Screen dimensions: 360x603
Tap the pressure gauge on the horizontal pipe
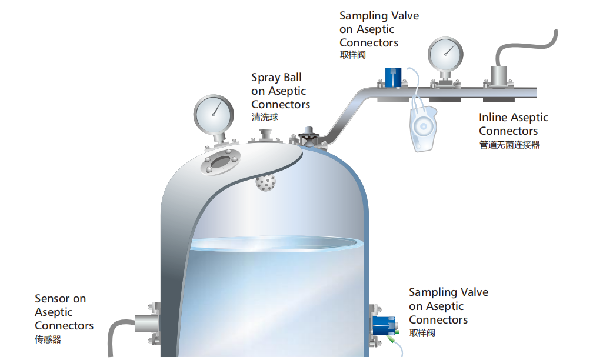(x=445, y=55)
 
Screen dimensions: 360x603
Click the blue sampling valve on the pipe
(x=393, y=77)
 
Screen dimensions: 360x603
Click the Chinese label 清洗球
(x=265, y=117)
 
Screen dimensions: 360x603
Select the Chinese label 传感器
(x=48, y=339)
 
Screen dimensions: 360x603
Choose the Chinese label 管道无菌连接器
(x=509, y=144)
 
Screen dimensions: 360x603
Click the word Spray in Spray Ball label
(x=266, y=77)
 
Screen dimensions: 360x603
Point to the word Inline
(x=493, y=118)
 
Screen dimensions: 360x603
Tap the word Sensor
(x=53, y=299)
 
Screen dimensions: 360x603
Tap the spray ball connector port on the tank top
(x=265, y=136)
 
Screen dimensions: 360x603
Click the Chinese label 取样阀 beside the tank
(x=422, y=334)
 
